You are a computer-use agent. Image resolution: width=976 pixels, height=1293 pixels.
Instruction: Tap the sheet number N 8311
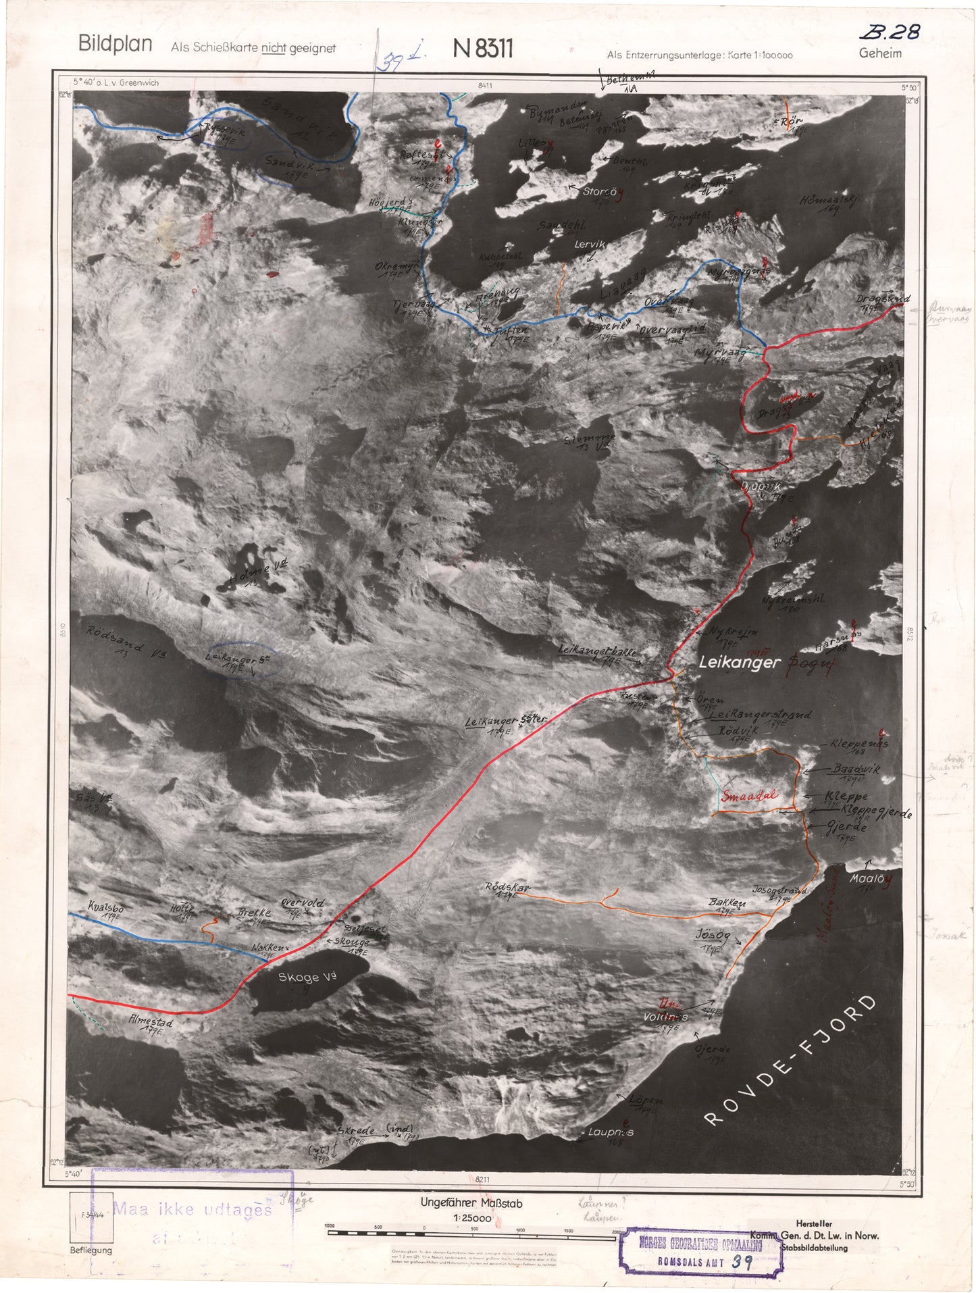[x=483, y=49]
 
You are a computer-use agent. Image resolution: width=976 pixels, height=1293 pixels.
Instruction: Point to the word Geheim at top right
[x=879, y=53]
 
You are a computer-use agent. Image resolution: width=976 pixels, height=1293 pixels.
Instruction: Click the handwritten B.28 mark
[x=890, y=32]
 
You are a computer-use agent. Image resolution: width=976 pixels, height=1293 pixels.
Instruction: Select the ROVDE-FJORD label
[x=791, y=1060]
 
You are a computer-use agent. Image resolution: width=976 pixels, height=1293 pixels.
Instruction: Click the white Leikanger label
[x=739, y=663]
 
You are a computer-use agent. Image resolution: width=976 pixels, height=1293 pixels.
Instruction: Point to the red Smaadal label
[x=750, y=795]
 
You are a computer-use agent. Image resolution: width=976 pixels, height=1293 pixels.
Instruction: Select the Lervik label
[x=590, y=245]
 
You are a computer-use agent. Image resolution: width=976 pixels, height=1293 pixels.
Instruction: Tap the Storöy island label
[x=600, y=192]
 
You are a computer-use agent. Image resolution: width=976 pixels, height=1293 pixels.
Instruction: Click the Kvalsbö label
[x=105, y=907]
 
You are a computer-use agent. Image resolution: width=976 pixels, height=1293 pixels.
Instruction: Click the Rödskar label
[x=508, y=887]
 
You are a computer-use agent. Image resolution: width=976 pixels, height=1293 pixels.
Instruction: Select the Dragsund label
[x=883, y=299]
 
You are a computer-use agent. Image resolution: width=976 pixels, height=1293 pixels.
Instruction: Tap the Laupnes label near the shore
[x=611, y=1132]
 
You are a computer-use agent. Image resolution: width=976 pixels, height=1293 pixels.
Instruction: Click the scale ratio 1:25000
[x=471, y=1217]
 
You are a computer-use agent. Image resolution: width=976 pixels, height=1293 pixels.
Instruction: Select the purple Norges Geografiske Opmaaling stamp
[x=700, y=1251]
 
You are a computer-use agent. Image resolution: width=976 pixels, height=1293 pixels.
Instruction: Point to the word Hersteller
[x=813, y=1223]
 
